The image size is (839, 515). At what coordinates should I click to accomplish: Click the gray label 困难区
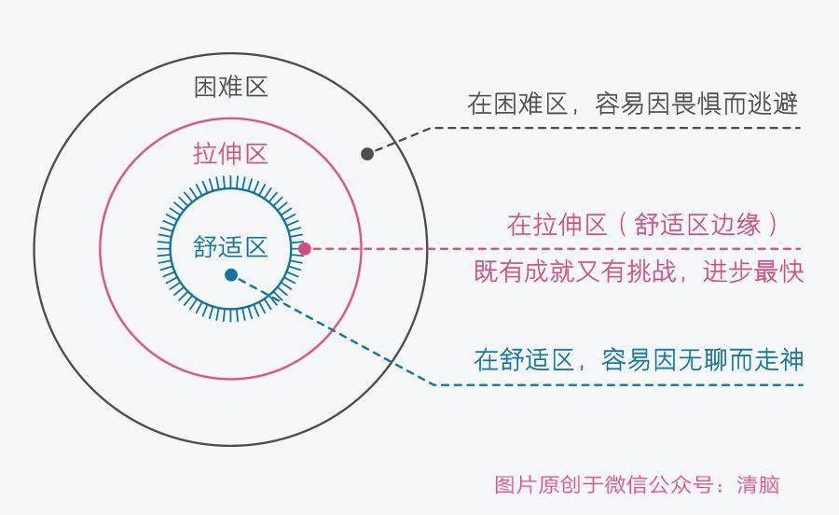230,88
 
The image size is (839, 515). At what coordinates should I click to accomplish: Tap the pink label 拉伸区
230,154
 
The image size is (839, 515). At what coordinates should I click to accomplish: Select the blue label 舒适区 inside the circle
230,247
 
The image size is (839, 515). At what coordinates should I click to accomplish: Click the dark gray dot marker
367,154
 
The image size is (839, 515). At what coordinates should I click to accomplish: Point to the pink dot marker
305,249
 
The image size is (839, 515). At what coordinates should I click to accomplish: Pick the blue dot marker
231,275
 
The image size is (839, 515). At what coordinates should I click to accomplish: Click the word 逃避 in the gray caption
773,104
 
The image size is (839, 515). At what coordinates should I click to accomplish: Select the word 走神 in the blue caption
778,359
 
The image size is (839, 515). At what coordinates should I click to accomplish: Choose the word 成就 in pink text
549,271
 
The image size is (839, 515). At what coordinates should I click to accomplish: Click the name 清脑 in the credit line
758,485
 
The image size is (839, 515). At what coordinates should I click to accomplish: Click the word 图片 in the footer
516,485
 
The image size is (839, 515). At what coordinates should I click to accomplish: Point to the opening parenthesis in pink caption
623,225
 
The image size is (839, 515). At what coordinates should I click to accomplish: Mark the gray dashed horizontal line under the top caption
615,128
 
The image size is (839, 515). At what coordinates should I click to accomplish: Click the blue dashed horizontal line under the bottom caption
619,384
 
